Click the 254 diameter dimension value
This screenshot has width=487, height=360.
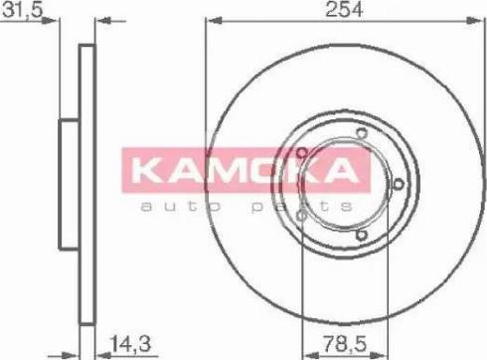344,9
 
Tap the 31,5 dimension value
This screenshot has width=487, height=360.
23,10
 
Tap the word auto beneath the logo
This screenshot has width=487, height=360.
181,206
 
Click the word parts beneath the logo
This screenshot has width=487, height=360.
302,207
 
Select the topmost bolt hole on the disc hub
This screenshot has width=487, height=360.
362,133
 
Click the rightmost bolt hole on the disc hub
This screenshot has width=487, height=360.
399,184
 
